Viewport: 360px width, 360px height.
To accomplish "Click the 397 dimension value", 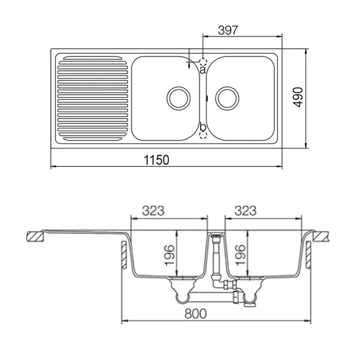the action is (228, 30).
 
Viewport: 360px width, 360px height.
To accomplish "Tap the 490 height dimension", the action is (298, 97).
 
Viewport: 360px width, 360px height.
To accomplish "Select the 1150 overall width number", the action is (156, 160).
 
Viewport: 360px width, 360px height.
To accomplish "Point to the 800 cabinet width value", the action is (196, 314).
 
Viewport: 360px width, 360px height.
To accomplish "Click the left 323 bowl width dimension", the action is (153, 211).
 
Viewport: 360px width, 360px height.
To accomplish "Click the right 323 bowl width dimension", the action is (245, 211).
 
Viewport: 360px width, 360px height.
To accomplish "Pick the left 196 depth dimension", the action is (170, 255).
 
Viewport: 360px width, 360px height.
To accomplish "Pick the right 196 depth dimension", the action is (241, 255).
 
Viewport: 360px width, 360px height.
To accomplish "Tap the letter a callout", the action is (202, 70).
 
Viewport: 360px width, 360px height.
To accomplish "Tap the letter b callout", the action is (202, 126).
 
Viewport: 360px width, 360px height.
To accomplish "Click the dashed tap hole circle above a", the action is (203, 62).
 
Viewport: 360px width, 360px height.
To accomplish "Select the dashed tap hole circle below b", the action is (203, 135).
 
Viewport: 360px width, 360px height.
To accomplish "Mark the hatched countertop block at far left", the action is (35, 237).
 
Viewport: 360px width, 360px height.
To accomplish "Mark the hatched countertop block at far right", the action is (321, 237).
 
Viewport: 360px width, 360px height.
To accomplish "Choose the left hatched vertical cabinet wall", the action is (124, 255).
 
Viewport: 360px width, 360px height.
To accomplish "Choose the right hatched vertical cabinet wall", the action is (309, 255).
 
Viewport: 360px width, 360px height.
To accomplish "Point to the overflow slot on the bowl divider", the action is (207, 98).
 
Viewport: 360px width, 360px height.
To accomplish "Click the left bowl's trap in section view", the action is (183, 291).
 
